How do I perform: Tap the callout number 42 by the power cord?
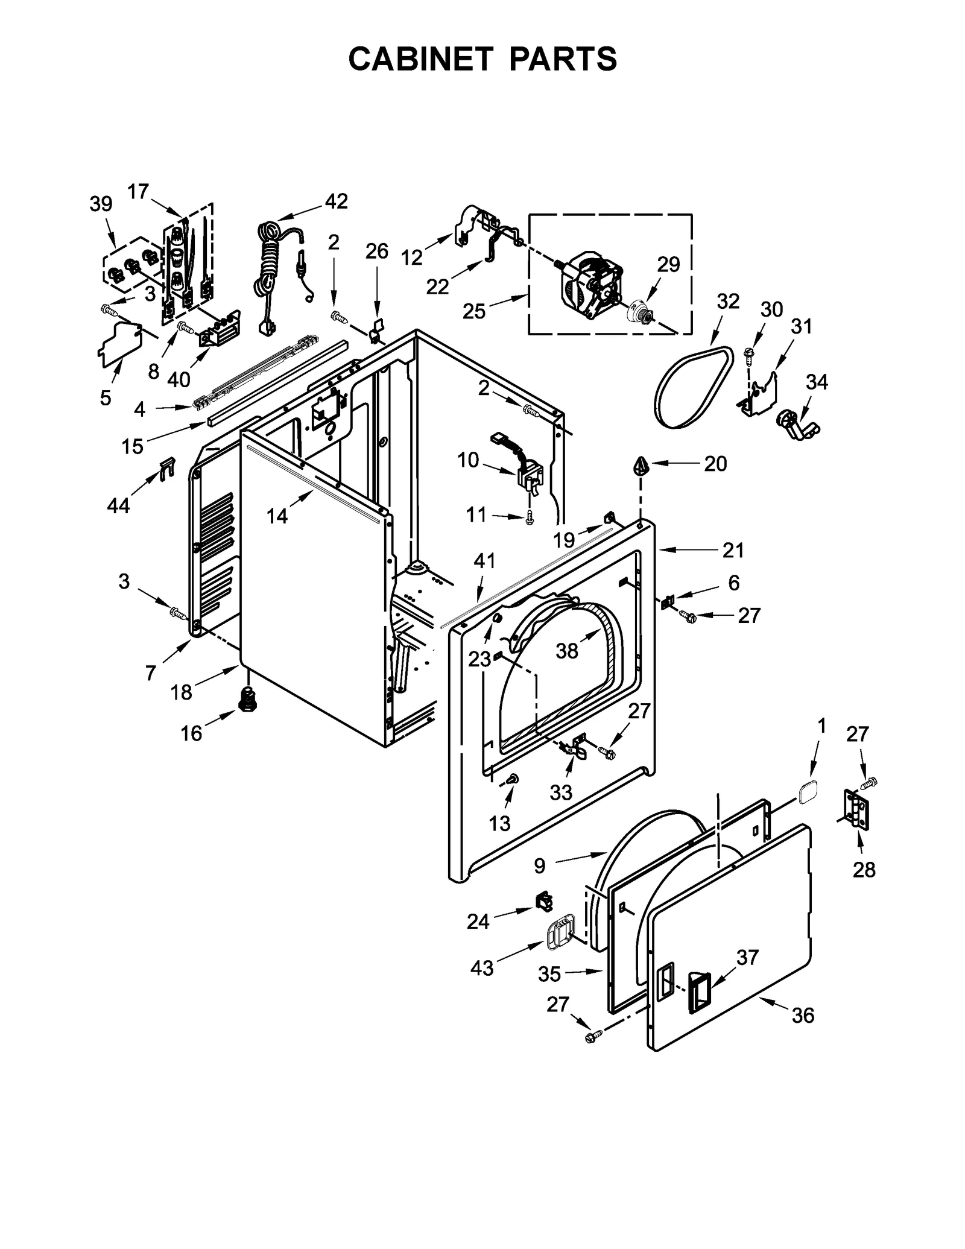(x=336, y=201)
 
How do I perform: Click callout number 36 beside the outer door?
(x=803, y=1016)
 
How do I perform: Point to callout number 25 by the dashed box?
(x=474, y=311)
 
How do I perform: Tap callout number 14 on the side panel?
(x=277, y=516)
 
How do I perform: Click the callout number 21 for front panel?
(x=733, y=550)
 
